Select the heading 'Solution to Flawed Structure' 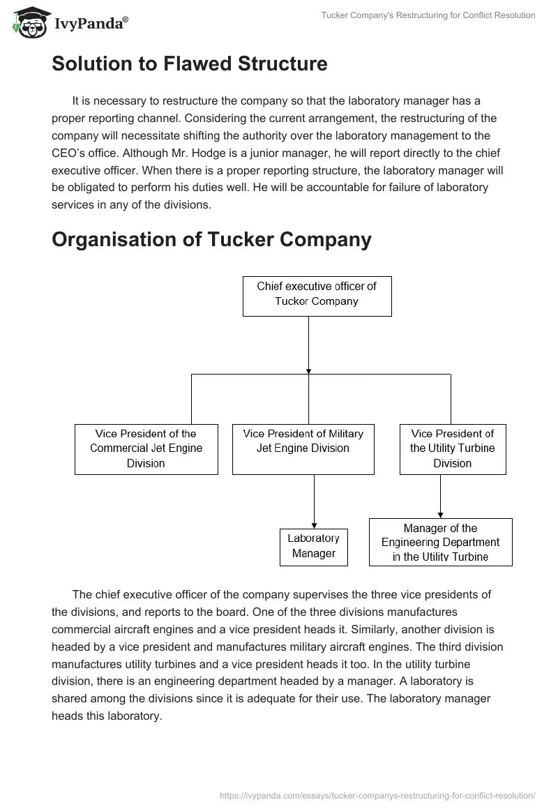pyautogui.click(x=189, y=64)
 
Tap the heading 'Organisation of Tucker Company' pyautogui.click(x=211, y=239)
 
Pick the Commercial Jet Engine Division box pyautogui.click(x=146, y=448)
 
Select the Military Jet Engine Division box pyautogui.click(x=303, y=448)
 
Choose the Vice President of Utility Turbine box pyautogui.click(x=452, y=448)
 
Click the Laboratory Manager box pyautogui.click(x=313, y=546)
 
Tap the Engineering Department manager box pyautogui.click(x=440, y=542)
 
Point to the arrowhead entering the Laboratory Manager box pyautogui.click(x=314, y=525)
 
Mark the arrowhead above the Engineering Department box pyautogui.click(x=440, y=514)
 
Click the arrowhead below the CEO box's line pyautogui.click(x=308, y=370)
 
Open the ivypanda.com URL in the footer pyautogui.click(x=377, y=794)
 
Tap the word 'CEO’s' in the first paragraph pyautogui.click(x=68, y=153)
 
